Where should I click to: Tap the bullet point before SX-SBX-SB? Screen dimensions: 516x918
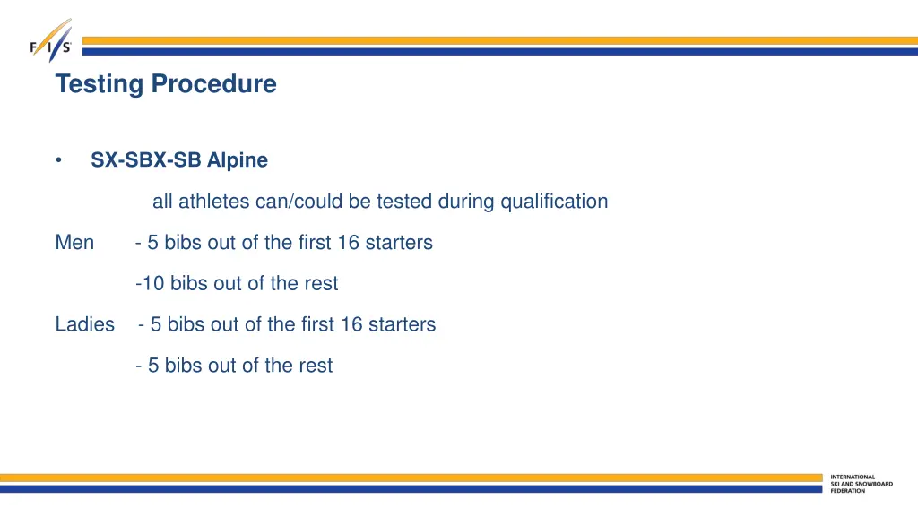pos(58,160)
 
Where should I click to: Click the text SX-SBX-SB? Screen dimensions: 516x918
pos(146,160)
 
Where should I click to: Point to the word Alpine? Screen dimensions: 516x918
pos(238,160)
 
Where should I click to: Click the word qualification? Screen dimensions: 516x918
pos(554,202)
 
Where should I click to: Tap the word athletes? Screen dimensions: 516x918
pos(214,202)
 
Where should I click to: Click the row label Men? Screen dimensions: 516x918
pos(74,243)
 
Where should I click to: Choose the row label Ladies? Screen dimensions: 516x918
pos(85,324)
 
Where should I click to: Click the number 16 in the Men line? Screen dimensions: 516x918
pos(347,243)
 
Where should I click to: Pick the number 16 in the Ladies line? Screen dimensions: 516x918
pos(351,324)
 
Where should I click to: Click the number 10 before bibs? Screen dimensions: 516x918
pos(154,284)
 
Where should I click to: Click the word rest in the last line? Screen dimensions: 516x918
pos(316,365)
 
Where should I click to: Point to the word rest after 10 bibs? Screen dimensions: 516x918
pos(321,284)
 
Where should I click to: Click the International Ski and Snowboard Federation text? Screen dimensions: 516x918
pos(862,484)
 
